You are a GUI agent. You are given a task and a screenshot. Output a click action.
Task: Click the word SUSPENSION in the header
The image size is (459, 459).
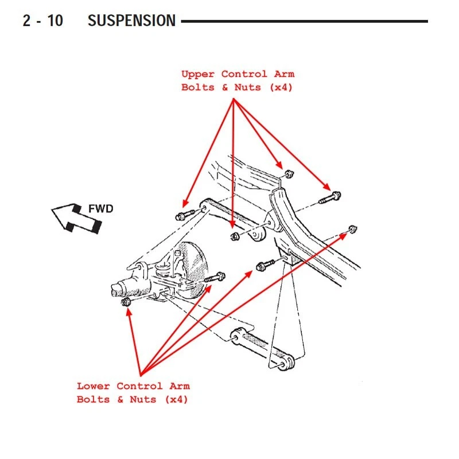[x=131, y=21]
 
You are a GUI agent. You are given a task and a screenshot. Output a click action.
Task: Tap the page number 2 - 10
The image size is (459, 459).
[x=42, y=21]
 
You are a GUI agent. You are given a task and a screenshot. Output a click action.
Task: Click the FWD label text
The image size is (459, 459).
[x=101, y=209]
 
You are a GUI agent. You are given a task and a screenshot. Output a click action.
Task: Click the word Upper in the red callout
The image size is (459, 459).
[x=198, y=74]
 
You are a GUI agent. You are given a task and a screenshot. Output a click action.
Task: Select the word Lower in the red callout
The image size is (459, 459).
[x=93, y=386]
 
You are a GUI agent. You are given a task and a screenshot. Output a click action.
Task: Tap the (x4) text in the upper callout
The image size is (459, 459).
[x=281, y=87]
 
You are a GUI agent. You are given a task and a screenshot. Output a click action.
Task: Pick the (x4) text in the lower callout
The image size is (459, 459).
[x=176, y=399]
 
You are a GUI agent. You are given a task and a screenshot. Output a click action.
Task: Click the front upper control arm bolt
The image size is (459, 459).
[x=185, y=215]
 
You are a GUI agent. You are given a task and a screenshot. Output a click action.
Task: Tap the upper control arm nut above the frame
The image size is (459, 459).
[x=289, y=174]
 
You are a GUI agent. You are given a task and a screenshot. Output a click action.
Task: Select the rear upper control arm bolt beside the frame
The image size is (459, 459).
[x=330, y=197]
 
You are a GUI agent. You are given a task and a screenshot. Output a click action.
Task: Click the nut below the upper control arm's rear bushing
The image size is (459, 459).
[x=235, y=236]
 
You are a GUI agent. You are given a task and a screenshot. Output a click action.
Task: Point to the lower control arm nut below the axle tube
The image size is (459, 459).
[x=126, y=302]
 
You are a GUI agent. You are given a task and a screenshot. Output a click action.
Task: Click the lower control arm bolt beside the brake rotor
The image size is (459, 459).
[x=215, y=277]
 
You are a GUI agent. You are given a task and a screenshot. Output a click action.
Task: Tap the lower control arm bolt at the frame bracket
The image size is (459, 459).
[x=265, y=265]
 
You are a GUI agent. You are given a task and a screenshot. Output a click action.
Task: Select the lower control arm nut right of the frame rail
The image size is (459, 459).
[x=353, y=228]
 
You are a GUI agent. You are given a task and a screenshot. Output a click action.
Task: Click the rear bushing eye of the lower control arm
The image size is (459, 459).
[x=286, y=363]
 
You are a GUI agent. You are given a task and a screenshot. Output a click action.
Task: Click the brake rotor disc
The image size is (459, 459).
[x=192, y=270]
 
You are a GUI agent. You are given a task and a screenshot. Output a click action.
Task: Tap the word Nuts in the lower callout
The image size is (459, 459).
[x=143, y=399]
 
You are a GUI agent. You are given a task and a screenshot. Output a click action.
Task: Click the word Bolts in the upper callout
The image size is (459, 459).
[x=198, y=87]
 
